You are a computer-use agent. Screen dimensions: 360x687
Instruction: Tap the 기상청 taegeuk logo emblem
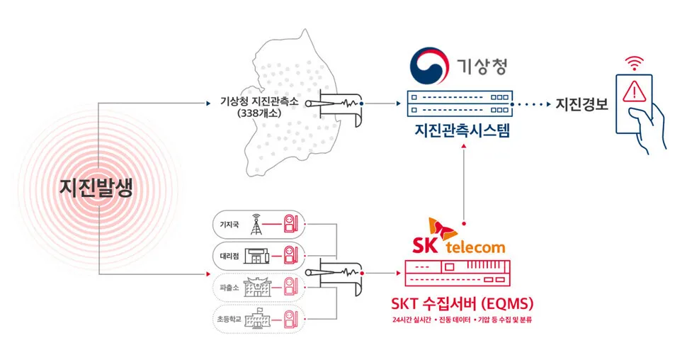pos(431,65)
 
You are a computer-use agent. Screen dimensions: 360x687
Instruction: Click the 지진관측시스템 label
pos(462,130)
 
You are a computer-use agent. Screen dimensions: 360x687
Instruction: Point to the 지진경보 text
pos(581,104)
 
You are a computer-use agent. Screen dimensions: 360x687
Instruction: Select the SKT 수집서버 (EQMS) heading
pos(462,303)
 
